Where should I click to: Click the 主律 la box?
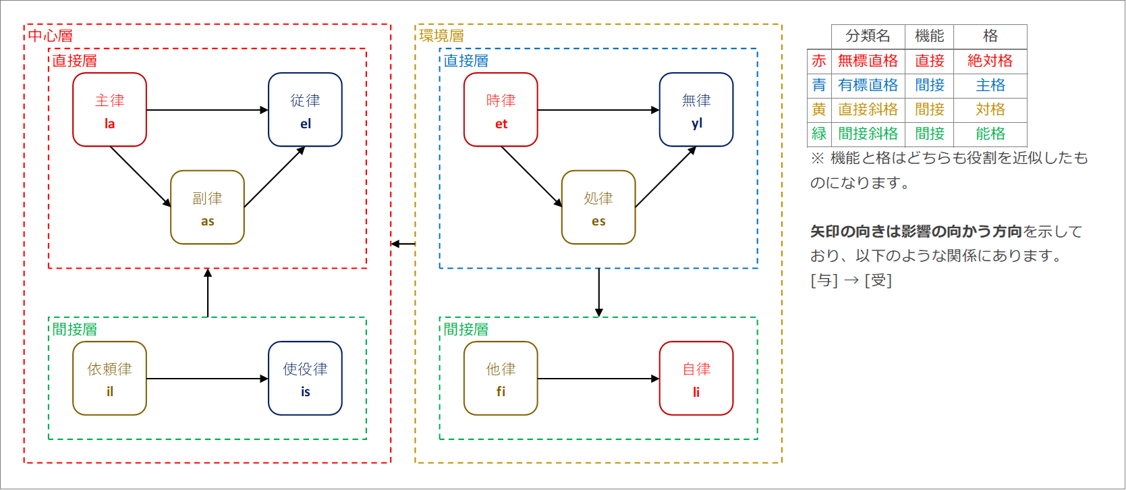(109, 109)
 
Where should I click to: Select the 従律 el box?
(305, 109)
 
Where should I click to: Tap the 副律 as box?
(207, 207)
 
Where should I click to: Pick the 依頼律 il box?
(109, 378)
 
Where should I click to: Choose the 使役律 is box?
(305, 378)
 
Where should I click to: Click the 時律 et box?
(501, 109)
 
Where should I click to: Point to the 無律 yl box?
(696, 109)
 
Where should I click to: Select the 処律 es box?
(598, 207)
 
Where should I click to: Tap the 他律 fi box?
(501, 378)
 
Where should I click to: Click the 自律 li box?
(696, 378)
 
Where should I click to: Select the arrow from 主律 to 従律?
(207, 110)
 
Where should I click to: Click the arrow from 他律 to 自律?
(598, 379)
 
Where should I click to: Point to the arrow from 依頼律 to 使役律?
(207, 379)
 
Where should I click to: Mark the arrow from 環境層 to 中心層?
(403, 244)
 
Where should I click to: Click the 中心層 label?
(51, 36)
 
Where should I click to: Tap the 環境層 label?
(442, 36)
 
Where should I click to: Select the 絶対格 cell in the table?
(990, 61)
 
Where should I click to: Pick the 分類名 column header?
(868, 36)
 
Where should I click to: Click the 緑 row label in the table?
(819, 134)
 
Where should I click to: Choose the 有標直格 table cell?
(868, 85)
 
